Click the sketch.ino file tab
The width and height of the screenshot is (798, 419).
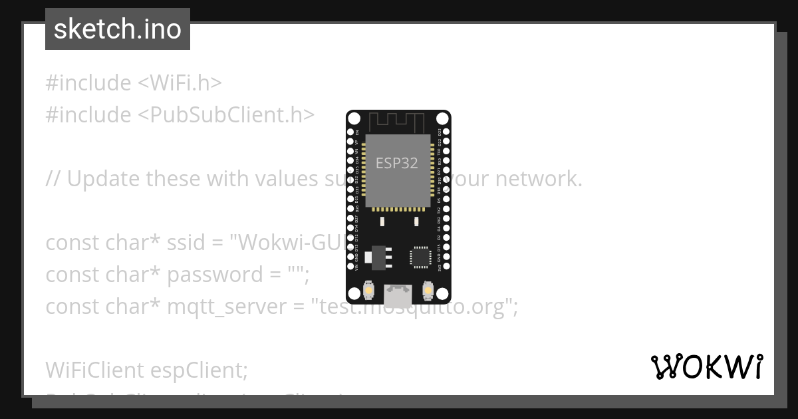pos(118,29)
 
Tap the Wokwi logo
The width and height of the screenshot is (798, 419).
pos(707,366)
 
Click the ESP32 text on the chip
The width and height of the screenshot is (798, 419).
pos(397,163)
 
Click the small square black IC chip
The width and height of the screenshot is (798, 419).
pos(420,257)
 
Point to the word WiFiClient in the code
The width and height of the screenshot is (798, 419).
pos(95,370)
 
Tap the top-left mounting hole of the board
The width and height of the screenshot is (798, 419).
pos(354,119)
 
